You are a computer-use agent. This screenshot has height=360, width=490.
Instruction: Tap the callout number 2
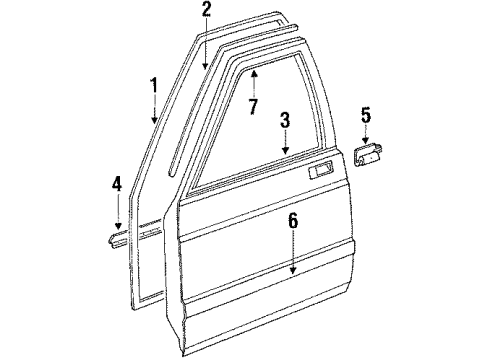[206, 12]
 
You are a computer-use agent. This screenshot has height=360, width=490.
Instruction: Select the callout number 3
[285, 121]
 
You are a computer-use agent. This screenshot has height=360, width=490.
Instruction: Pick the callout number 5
[366, 115]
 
